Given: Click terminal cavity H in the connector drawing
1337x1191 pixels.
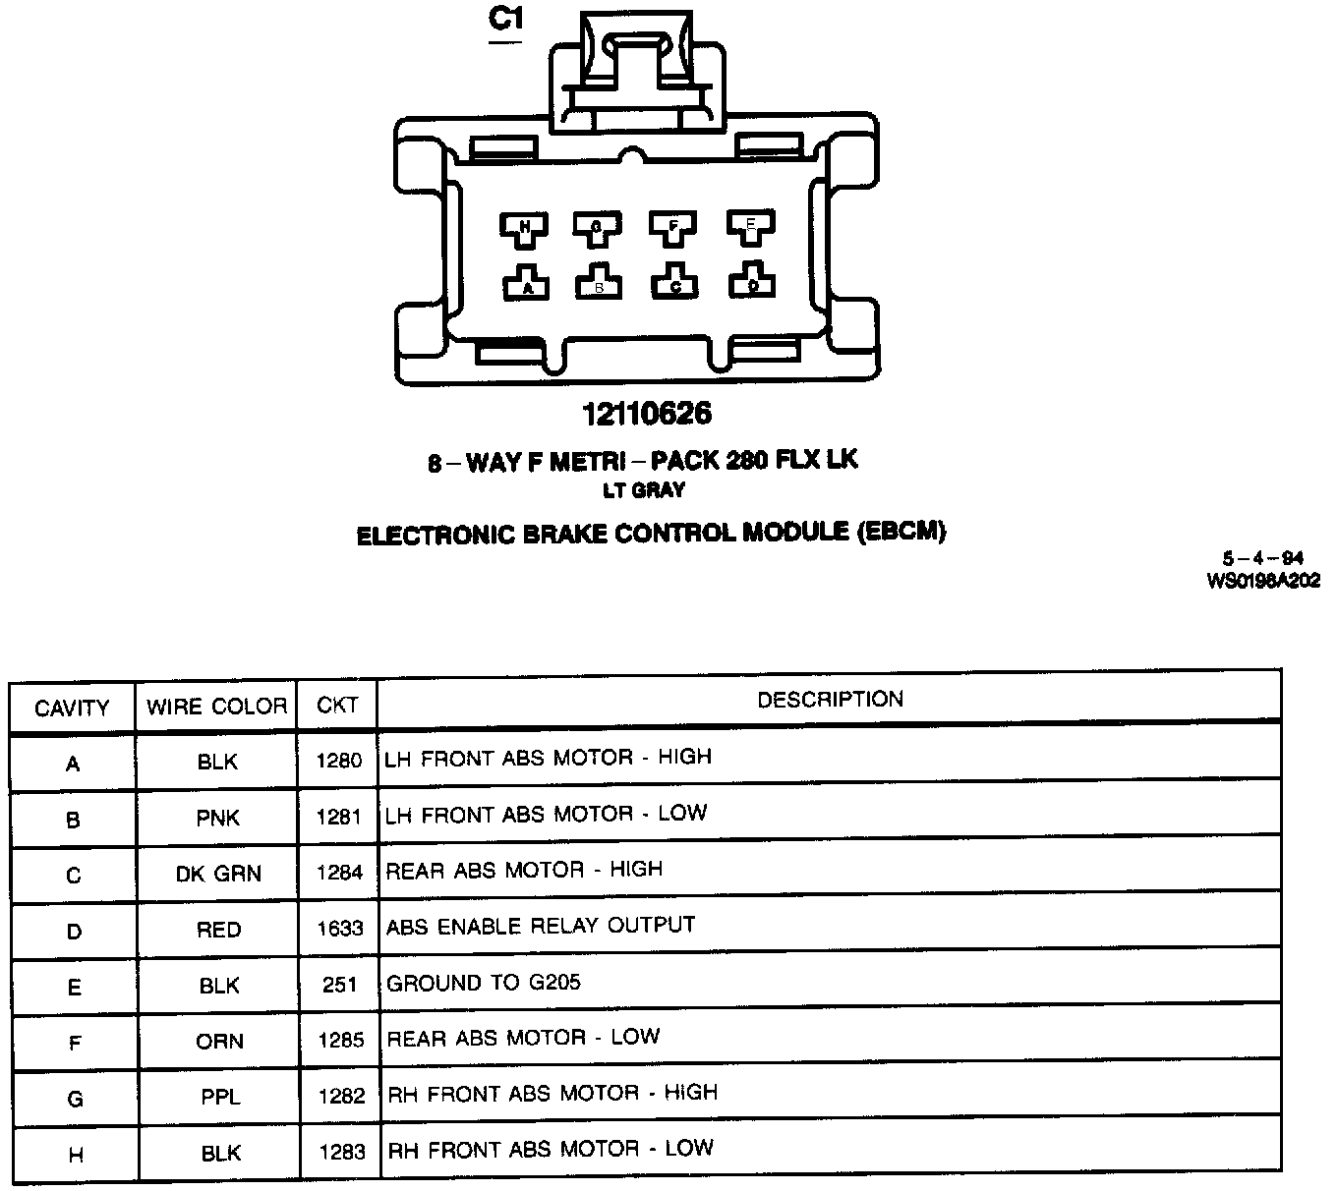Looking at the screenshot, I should (x=525, y=228).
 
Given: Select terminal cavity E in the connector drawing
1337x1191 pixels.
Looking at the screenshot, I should (x=751, y=226).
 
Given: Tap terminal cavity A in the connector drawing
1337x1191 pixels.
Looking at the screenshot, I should (x=527, y=285).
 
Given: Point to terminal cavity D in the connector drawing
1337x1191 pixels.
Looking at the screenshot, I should (x=752, y=283).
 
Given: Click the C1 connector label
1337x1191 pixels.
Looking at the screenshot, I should (x=505, y=21).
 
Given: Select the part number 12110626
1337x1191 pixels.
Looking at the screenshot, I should (x=646, y=414).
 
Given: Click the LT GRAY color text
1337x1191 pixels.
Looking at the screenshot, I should (x=644, y=489).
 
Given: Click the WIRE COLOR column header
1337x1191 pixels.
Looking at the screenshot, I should (x=216, y=707).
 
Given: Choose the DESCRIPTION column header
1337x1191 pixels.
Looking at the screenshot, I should (x=830, y=700).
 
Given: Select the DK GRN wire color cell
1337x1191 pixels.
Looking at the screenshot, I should (x=218, y=874).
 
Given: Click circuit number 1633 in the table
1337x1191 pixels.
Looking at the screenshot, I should (x=340, y=929).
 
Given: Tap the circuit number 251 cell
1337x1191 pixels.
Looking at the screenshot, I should (x=340, y=985).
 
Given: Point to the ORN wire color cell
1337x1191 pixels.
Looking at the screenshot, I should (x=219, y=1041).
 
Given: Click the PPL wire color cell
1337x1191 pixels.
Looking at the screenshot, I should (x=219, y=1097).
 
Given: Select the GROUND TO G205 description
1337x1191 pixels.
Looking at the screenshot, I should (x=484, y=983).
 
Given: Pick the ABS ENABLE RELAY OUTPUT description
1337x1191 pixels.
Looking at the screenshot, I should (x=541, y=927).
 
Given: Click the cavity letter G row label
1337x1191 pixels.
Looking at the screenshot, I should (x=75, y=1099).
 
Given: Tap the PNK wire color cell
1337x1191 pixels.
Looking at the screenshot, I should (x=218, y=818).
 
